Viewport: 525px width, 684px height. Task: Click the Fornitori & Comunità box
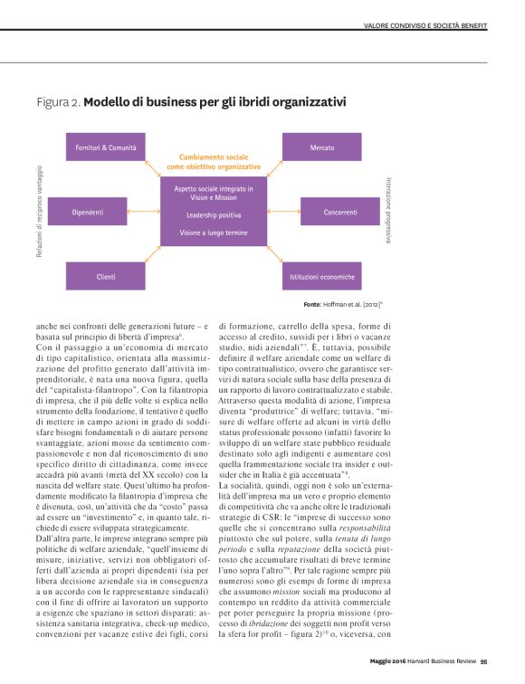107,147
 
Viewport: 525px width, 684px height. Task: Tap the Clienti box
106,276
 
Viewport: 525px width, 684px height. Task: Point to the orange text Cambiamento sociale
214,157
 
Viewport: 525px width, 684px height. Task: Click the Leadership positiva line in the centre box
214,215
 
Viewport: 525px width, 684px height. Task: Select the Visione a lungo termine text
214,233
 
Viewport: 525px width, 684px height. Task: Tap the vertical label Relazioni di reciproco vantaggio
40,211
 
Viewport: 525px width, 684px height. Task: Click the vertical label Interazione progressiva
388,211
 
